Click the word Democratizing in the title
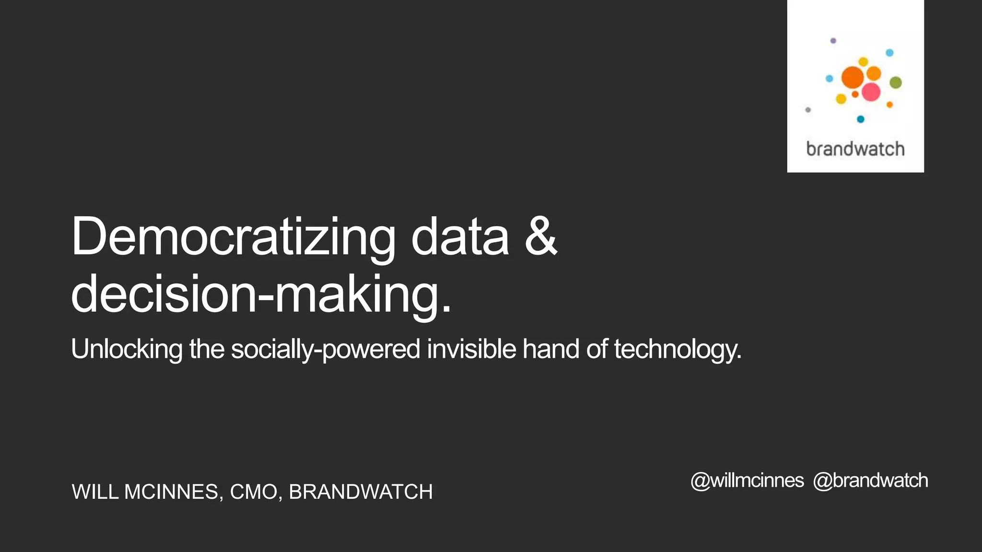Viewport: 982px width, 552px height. pos(234,237)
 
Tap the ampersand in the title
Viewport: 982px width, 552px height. pos(541,236)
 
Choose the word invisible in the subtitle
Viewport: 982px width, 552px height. pos(471,349)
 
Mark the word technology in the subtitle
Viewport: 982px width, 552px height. pos(677,350)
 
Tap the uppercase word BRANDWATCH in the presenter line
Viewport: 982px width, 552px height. pos(361,492)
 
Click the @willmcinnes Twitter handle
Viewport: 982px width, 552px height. pos(747,481)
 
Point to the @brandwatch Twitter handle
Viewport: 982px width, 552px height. pos(870,481)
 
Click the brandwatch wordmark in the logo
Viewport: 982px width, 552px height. pos(855,149)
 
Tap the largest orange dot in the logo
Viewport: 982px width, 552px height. pos(853,77)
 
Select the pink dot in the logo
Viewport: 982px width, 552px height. pos(871,92)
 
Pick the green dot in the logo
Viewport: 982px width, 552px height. pos(896,82)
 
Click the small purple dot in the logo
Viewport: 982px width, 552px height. pos(833,41)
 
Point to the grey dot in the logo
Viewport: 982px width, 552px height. pos(808,110)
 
